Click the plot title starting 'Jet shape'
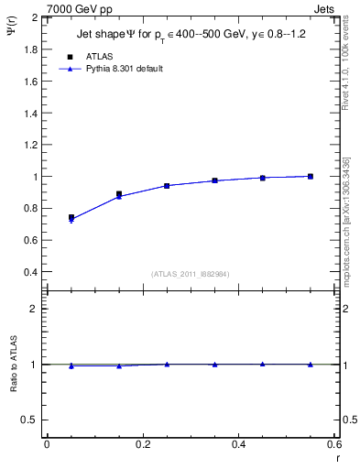point(191,36)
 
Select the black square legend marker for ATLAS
point(71,57)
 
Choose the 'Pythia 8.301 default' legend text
point(124,69)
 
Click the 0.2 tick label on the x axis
point(142,443)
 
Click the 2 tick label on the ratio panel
point(34,309)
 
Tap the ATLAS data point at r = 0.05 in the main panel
point(71,218)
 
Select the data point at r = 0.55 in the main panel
point(311,176)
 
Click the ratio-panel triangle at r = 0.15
point(119,365)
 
